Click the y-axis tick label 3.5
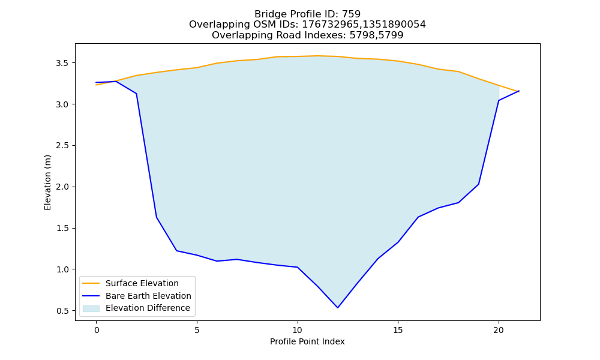(x=63, y=63)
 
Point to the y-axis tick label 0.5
(x=63, y=311)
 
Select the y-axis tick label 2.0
(x=63, y=187)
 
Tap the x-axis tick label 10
(x=298, y=330)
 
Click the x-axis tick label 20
(x=499, y=330)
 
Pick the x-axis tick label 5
(x=197, y=330)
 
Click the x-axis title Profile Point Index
(x=307, y=341)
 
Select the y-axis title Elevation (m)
(x=47, y=182)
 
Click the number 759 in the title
(x=351, y=14)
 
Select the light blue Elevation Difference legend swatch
(x=91, y=308)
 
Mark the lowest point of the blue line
(x=337, y=308)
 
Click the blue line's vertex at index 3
(x=157, y=217)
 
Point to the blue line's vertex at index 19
(x=478, y=184)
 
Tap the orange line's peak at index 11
(x=317, y=56)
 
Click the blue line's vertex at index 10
(x=298, y=267)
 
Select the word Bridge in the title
(x=267, y=14)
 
